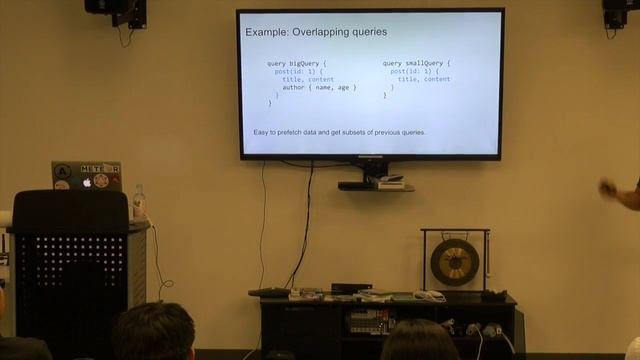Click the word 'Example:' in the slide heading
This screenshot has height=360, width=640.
point(268,33)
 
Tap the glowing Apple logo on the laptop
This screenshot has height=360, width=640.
point(87,182)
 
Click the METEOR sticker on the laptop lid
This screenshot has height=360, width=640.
point(100,169)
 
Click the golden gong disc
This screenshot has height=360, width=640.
point(455,262)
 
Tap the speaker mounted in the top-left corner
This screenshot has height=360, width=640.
point(116,10)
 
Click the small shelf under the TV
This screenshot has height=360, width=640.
point(375,186)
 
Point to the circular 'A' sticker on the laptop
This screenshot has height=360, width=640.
point(62,170)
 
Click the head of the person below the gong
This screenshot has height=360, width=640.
point(420,342)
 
